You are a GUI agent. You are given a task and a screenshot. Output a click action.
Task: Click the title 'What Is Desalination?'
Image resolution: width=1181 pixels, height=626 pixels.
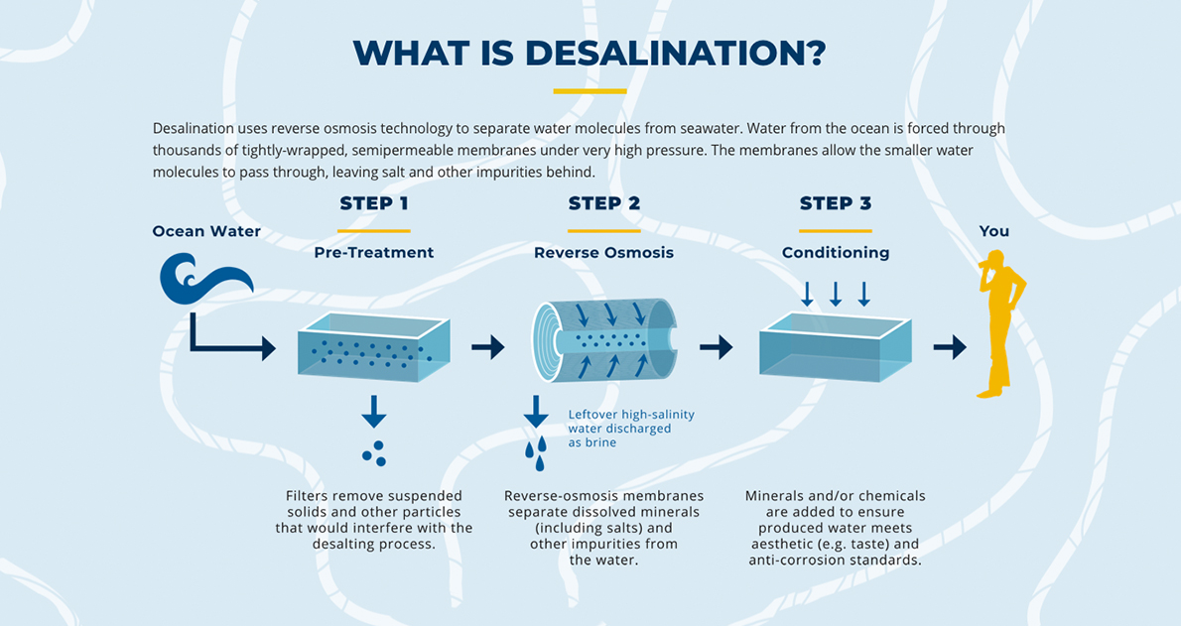tap(590, 53)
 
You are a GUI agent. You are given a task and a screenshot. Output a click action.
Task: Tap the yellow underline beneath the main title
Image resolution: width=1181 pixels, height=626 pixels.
tap(590, 91)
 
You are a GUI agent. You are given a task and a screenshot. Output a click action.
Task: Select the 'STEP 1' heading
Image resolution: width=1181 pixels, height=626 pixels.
tap(373, 203)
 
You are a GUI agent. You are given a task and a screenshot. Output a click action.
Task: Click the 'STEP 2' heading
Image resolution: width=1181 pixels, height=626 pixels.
tap(603, 203)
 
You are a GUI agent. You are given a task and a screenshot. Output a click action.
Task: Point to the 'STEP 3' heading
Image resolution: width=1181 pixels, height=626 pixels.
tap(835, 203)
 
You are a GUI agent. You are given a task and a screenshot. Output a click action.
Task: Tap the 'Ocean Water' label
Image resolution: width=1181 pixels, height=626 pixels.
tap(206, 231)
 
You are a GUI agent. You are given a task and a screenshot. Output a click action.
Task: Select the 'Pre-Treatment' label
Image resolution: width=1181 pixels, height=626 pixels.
tap(373, 253)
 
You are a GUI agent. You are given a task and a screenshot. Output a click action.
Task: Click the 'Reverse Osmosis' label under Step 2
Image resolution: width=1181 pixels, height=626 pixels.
tap(603, 253)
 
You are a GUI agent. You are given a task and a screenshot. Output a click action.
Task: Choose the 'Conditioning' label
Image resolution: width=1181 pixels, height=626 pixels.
tap(835, 253)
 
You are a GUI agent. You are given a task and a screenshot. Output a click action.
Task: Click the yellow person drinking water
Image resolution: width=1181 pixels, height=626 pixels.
tap(997, 322)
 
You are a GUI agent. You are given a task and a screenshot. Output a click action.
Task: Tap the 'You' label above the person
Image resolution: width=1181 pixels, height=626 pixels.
tap(993, 231)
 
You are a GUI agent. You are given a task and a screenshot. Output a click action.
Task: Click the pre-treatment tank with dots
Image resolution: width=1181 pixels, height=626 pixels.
tap(373, 346)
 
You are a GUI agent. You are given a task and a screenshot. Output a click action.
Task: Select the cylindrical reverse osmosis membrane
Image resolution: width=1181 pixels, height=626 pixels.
tap(603, 340)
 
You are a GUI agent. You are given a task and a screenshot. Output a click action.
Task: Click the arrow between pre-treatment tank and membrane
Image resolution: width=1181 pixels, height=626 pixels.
tap(487, 346)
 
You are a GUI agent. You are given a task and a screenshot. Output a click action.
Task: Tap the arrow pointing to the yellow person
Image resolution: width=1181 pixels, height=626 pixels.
tap(950, 346)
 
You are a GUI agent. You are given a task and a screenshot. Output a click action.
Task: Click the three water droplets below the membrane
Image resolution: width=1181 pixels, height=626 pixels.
tap(536, 452)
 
